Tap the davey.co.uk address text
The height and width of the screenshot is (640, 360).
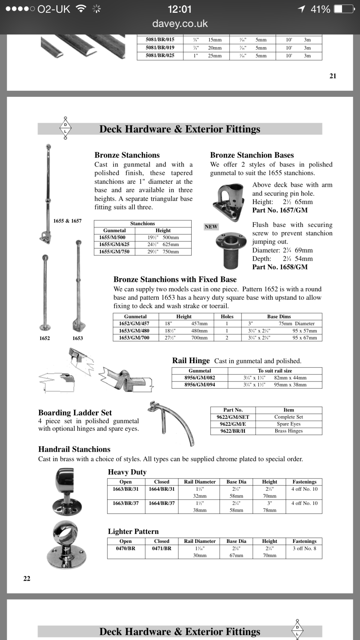tap(180, 24)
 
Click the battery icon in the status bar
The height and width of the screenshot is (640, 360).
tap(344, 9)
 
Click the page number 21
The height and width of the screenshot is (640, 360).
tap(333, 76)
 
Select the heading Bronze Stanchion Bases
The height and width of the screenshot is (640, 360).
tap(252, 155)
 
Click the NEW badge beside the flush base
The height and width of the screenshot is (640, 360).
tap(211, 227)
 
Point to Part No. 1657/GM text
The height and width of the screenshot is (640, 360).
tap(280, 210)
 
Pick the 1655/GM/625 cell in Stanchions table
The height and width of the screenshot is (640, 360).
tap(114, 244)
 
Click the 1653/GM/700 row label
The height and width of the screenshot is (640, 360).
tap(134, 338)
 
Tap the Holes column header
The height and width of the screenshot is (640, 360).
tap(227, 316)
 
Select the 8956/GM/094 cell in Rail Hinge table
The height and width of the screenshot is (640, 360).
tap(199, 385)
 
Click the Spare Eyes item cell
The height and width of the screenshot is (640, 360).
tap(288, 424)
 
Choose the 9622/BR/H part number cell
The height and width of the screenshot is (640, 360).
tap(232, 431)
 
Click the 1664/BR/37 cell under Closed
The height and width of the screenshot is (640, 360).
tap(162, 503)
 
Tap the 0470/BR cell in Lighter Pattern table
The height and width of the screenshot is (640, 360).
tap(126, 548)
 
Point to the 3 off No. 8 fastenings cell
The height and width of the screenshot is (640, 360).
tap(304, 548)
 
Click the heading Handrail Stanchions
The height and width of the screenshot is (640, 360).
tap(74, 449)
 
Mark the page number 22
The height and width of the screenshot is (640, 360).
tap(27, 578)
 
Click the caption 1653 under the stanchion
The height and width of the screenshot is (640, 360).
tap(78, 338)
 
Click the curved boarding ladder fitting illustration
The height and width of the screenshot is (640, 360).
tap(172, 422)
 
